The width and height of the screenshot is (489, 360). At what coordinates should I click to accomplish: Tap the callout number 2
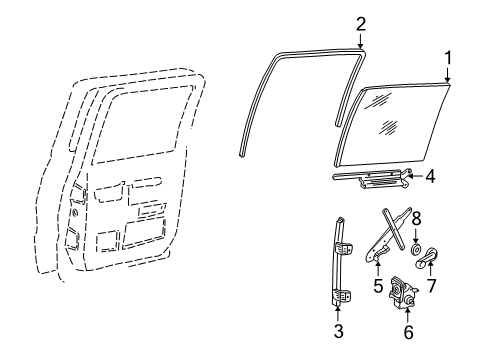(361, 23)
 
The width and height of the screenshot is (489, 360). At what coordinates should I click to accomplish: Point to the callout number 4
(430, 178)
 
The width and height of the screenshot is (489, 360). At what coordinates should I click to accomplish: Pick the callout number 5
(379, 283)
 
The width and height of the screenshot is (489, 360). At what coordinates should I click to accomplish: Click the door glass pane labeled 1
(390, 120)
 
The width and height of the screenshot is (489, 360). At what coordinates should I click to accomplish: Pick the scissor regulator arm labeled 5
(385, 240)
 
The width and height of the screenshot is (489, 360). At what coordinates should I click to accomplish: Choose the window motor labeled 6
(406, 294)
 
